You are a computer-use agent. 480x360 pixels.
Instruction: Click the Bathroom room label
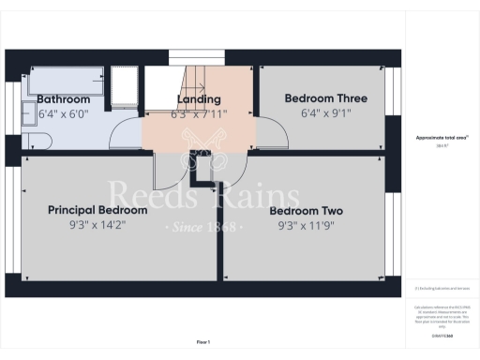coord(64,99)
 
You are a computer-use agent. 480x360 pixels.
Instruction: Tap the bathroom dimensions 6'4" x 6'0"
coord(64,113)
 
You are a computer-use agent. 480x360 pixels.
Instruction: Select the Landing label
coord(199,99)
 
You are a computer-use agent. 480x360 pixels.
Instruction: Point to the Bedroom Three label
coord(325,98)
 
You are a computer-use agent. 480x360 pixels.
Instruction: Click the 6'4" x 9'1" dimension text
coord(325,113)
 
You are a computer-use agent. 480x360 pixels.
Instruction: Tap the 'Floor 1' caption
coord(203,341)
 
